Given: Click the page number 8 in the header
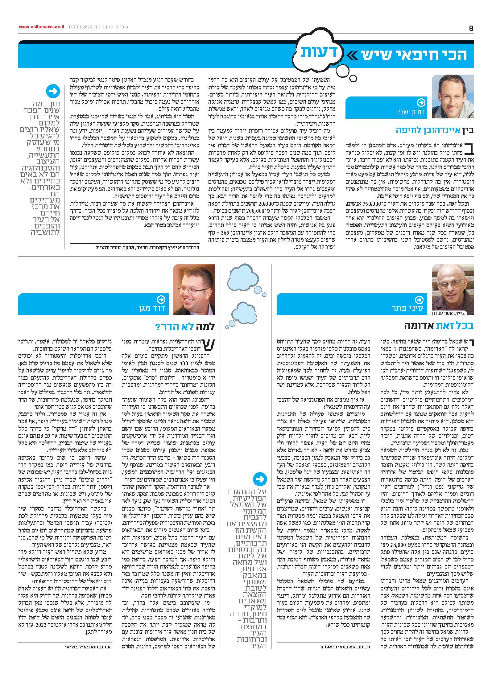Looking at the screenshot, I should (x=471, y=28).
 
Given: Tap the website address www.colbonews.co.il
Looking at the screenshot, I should (x=41, y=27).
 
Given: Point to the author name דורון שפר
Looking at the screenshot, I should (x=411, y=112).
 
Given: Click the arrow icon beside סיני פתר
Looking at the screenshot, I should (x=419, y=299).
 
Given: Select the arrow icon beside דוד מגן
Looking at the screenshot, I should (x=161, y=299).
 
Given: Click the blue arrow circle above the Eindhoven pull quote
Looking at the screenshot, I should (x=53, y=91).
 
